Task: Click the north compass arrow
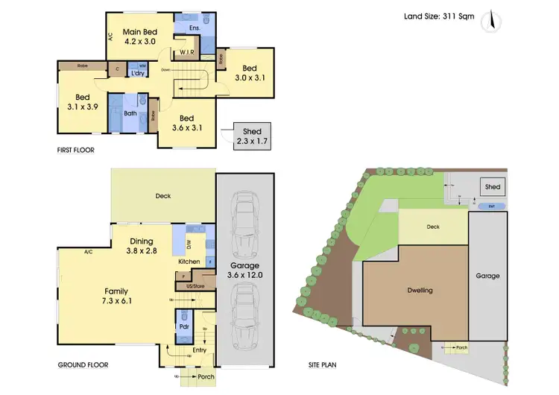click(x=491, y=21)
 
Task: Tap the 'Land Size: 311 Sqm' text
click(x=439, y=16)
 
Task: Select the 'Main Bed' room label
click(x=139, y=31)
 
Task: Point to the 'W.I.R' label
click(x=187, y=52)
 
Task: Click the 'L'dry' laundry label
click(x=138, y=73)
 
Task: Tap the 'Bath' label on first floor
click(x=130, y=113)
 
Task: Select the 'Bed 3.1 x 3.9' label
click(x=82, y=101)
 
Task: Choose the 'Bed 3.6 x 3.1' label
click(x=186, y=123)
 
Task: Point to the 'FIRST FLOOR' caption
click(x=75, y=150)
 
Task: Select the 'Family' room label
click(x=115, y=296)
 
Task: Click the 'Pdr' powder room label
click(x=183, y=326)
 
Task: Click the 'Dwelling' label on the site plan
click(x=420, y=290)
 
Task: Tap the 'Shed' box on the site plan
click(x=493, y=187)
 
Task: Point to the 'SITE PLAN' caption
click(x=324, y=365)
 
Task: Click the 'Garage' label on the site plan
click(x=488, y=276)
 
